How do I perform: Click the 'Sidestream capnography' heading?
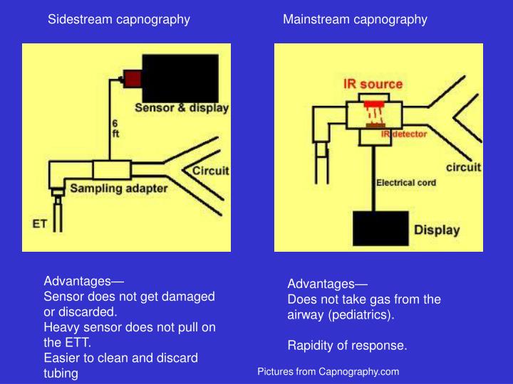(x=118, y=19)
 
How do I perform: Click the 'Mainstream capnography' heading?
(x=355, y=19)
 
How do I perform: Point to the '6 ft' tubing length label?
(x=115, y=128)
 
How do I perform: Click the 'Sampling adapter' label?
(x=118, y=188)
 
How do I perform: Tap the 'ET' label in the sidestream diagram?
(x=41, y=223)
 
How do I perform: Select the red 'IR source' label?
(x=373, y=84)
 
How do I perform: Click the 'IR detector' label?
(x=404, y=133)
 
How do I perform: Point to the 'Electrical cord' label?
(x=406, y=182)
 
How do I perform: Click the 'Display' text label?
(x=437, y=230)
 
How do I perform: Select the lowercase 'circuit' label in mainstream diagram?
(x=463, y=168)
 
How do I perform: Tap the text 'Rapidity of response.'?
(x=347, y=346)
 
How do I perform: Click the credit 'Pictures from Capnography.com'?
(x=328, y=371)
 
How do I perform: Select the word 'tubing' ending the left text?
(x=61, y=373)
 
